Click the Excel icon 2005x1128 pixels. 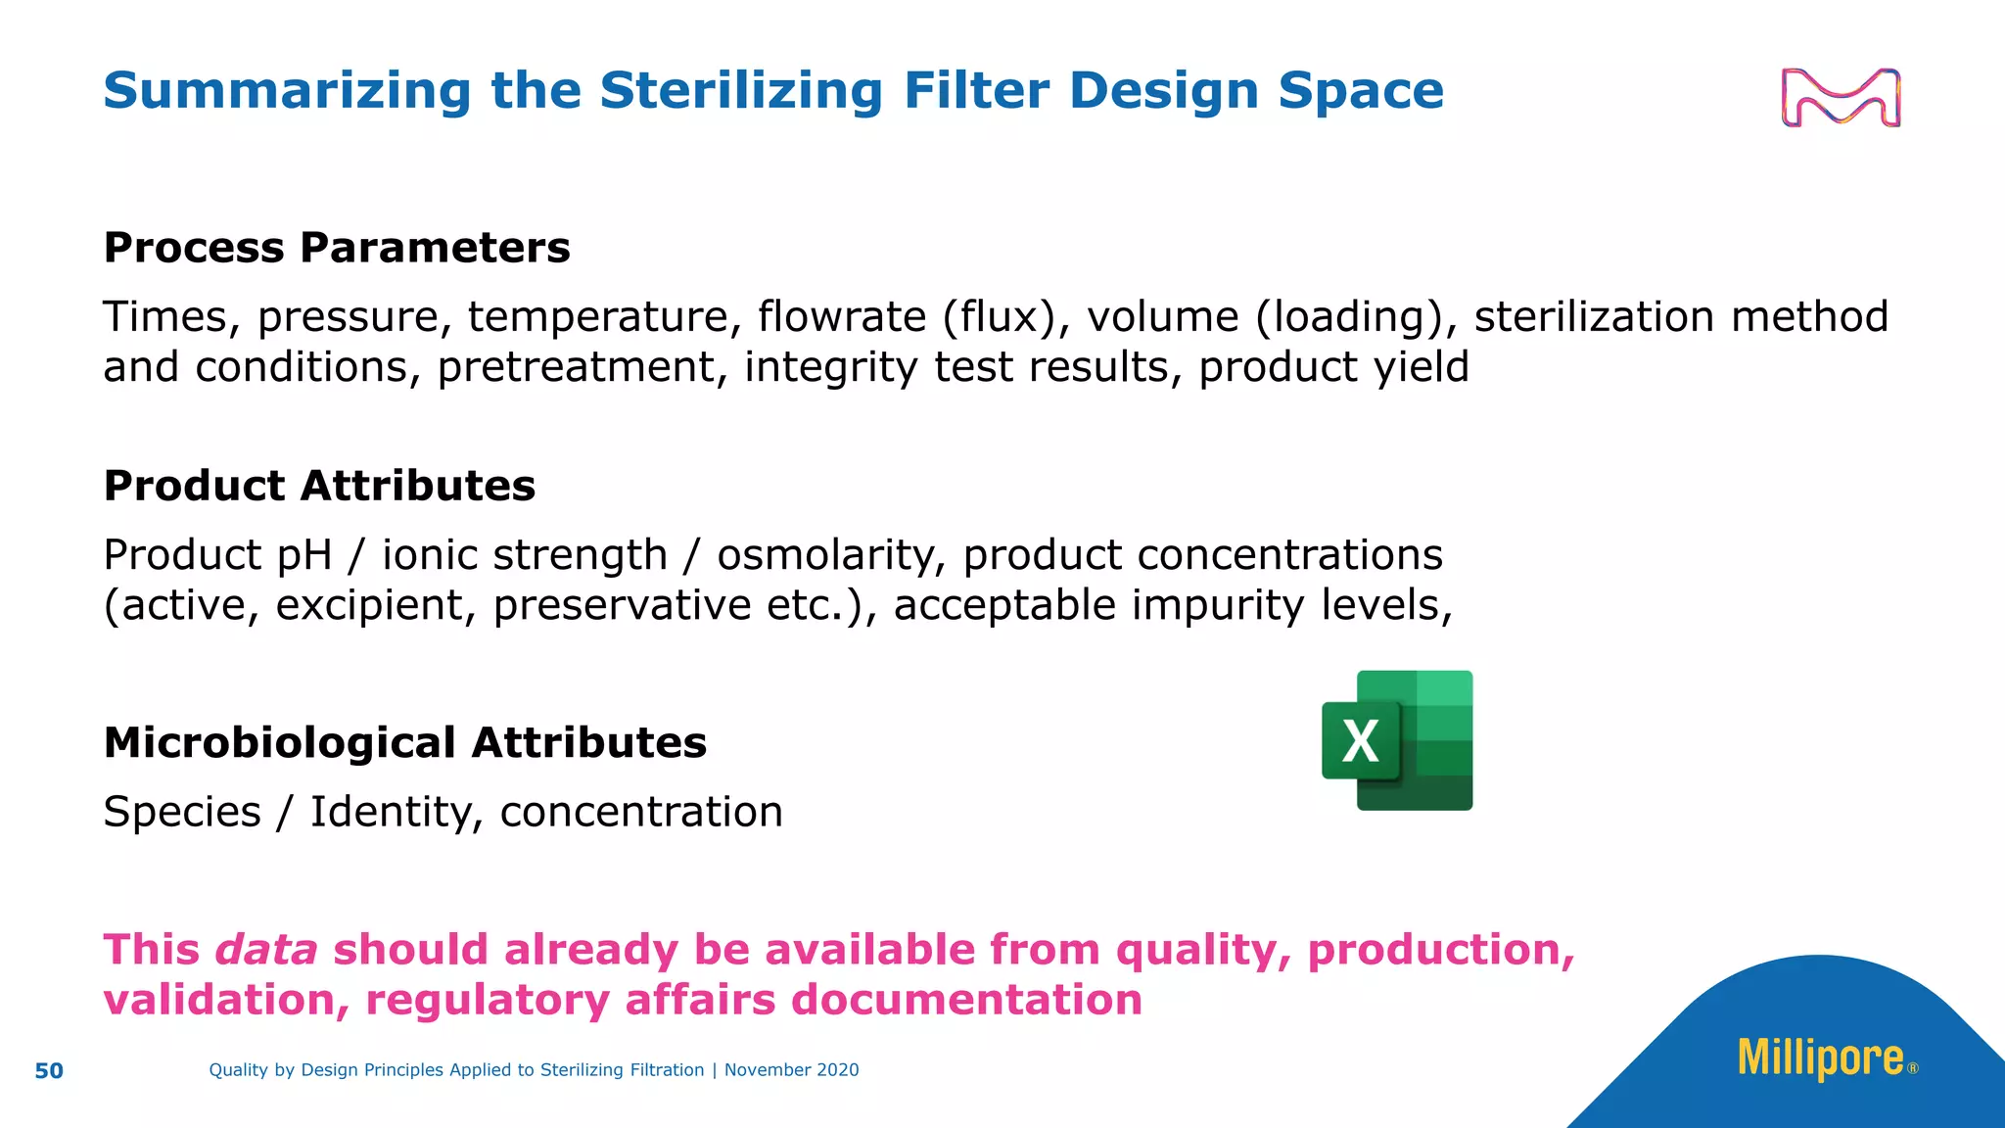click(1397, 741)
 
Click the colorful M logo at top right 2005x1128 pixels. click(1841, 98)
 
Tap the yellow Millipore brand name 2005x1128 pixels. click(1820, 1058)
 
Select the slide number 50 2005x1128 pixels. click(49, 1071)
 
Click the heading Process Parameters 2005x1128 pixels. click(337, 248)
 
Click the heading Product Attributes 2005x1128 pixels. click(319, 486)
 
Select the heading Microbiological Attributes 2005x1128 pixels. click(404, 743)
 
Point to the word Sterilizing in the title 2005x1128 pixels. click(741, 91)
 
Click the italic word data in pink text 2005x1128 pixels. click(266, 950)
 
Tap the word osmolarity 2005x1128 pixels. click(831, 555)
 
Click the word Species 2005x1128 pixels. click(182, 812)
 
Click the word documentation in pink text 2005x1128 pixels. click(966, 1001)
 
